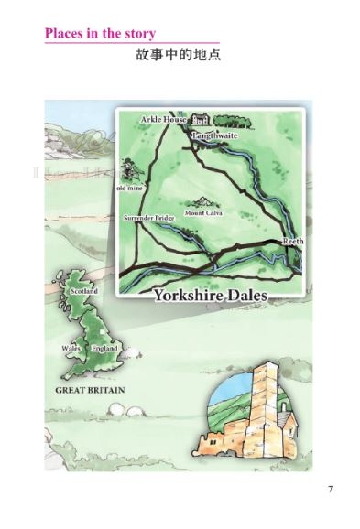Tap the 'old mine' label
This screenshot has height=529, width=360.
point(127,189)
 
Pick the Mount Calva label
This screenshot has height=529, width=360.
point(203,213)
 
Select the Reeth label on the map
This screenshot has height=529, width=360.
point(291,240)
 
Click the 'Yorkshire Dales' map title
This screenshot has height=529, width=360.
point(217,296)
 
